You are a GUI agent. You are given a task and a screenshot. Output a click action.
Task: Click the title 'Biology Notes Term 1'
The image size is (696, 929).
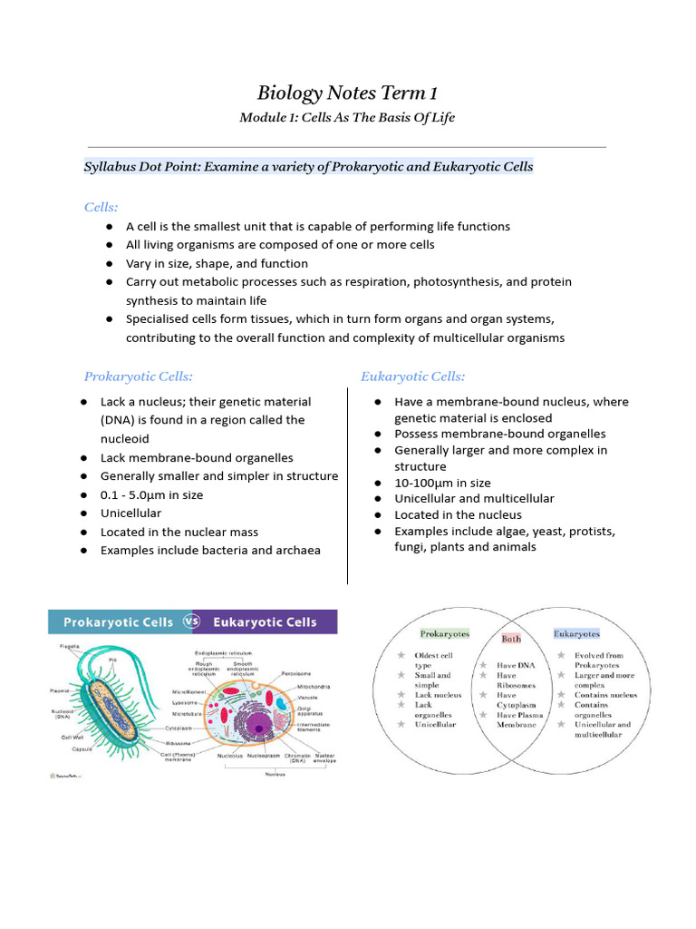coord(347,93)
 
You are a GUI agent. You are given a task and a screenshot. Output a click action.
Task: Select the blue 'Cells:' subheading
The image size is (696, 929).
coord(101,208)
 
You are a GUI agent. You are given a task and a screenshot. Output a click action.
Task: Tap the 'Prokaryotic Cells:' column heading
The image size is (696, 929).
coord(139,376)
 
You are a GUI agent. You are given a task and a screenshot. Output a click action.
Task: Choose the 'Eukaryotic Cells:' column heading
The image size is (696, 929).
coord(413,376)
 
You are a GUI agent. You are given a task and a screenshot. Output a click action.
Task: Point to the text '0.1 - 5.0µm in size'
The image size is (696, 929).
coord(151,495)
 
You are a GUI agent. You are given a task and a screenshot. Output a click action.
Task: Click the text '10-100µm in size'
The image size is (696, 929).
coord(442,483)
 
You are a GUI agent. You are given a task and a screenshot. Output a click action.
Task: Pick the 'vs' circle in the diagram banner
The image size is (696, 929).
coord(192,622)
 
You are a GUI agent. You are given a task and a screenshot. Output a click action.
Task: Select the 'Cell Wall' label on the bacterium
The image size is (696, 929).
coord(72,738)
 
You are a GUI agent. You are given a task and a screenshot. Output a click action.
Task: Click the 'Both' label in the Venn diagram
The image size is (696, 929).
coord(512,639)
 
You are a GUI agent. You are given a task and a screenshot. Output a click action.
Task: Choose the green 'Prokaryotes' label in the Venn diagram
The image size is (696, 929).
coord(443,633)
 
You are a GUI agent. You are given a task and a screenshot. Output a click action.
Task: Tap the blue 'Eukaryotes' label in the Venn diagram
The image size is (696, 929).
coord(576,633)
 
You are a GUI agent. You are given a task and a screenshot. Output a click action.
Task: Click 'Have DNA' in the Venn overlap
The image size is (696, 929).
coord(514,665)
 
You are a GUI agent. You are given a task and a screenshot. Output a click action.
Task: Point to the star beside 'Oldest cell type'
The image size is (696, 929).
coord(400,655)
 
